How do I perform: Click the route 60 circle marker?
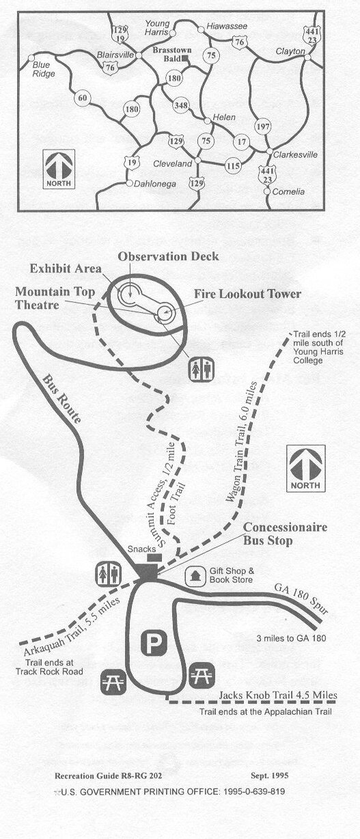point(83,98)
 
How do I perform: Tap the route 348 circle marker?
point(181,105)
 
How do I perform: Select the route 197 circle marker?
point(262,126)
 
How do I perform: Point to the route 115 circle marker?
point(233,165)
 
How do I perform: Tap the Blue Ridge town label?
point(44,70)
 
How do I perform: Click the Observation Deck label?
point(168,256)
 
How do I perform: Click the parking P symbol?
point(151,642)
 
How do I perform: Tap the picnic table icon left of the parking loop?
point(112,680)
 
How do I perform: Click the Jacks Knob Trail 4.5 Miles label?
point(278,696)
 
